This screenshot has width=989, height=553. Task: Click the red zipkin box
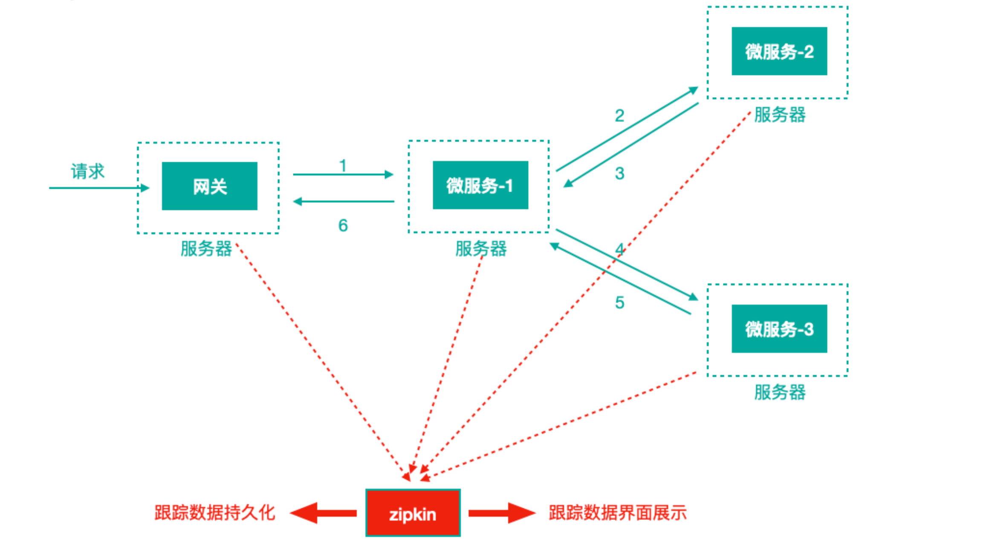[413, 513]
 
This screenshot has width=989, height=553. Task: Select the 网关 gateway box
[209, 186]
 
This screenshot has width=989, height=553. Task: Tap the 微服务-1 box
[480, 185]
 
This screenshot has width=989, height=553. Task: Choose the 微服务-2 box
[779, 52]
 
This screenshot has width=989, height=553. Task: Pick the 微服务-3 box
[779, 329]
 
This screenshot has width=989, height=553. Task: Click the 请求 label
[87, 171]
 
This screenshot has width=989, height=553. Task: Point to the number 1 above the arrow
[343, 165]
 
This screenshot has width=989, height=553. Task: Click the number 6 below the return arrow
[343, 225]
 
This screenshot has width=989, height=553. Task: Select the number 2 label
[619, 116]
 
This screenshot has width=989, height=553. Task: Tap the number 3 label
[619, 173]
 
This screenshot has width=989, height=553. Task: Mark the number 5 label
[619, 303]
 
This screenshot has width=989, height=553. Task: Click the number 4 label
[620, 249]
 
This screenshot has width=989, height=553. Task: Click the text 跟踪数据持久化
[214, 513]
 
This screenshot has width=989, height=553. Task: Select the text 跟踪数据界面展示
[617, 513]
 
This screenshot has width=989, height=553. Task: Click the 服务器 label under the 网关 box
[206, 249]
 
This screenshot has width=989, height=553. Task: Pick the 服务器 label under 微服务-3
[779, 392]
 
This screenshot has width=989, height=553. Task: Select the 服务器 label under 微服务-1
[480, 249]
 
